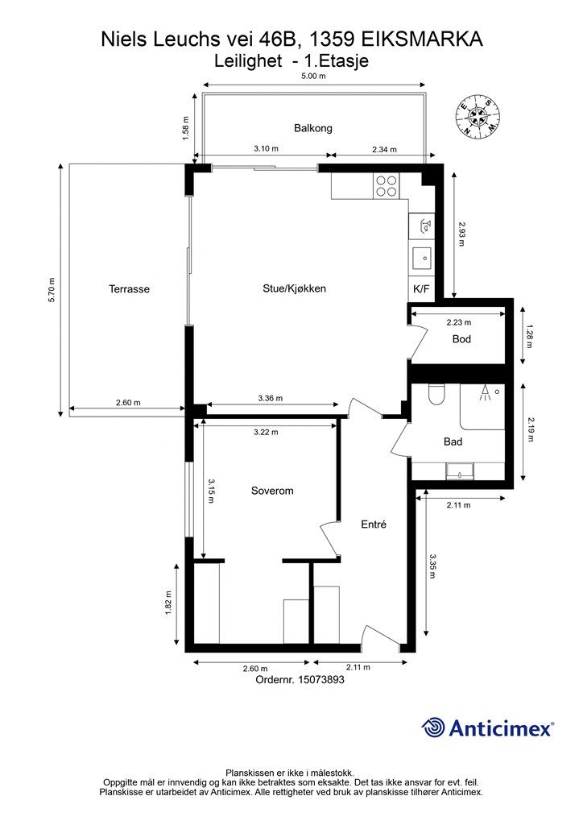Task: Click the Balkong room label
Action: pos(312,128)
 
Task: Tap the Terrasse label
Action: pos(130,289)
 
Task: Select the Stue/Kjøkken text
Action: pos(295,288)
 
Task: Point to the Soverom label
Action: pos(272,491)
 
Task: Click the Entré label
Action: pos(374,524)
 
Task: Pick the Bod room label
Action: pos(461,339)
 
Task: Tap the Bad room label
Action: pos(453,442)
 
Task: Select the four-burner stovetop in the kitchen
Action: pos(387,186)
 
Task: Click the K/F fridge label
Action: pos(421,289)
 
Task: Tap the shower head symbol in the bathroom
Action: pos(484,393)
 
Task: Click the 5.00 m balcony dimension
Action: pos(313,76)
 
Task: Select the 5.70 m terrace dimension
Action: pos(51,289)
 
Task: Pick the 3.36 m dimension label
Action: pos(271,398)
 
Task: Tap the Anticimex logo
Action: pos(487,728)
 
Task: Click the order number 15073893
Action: pos(321,679)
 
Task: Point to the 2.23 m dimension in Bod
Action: pos(458,322)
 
